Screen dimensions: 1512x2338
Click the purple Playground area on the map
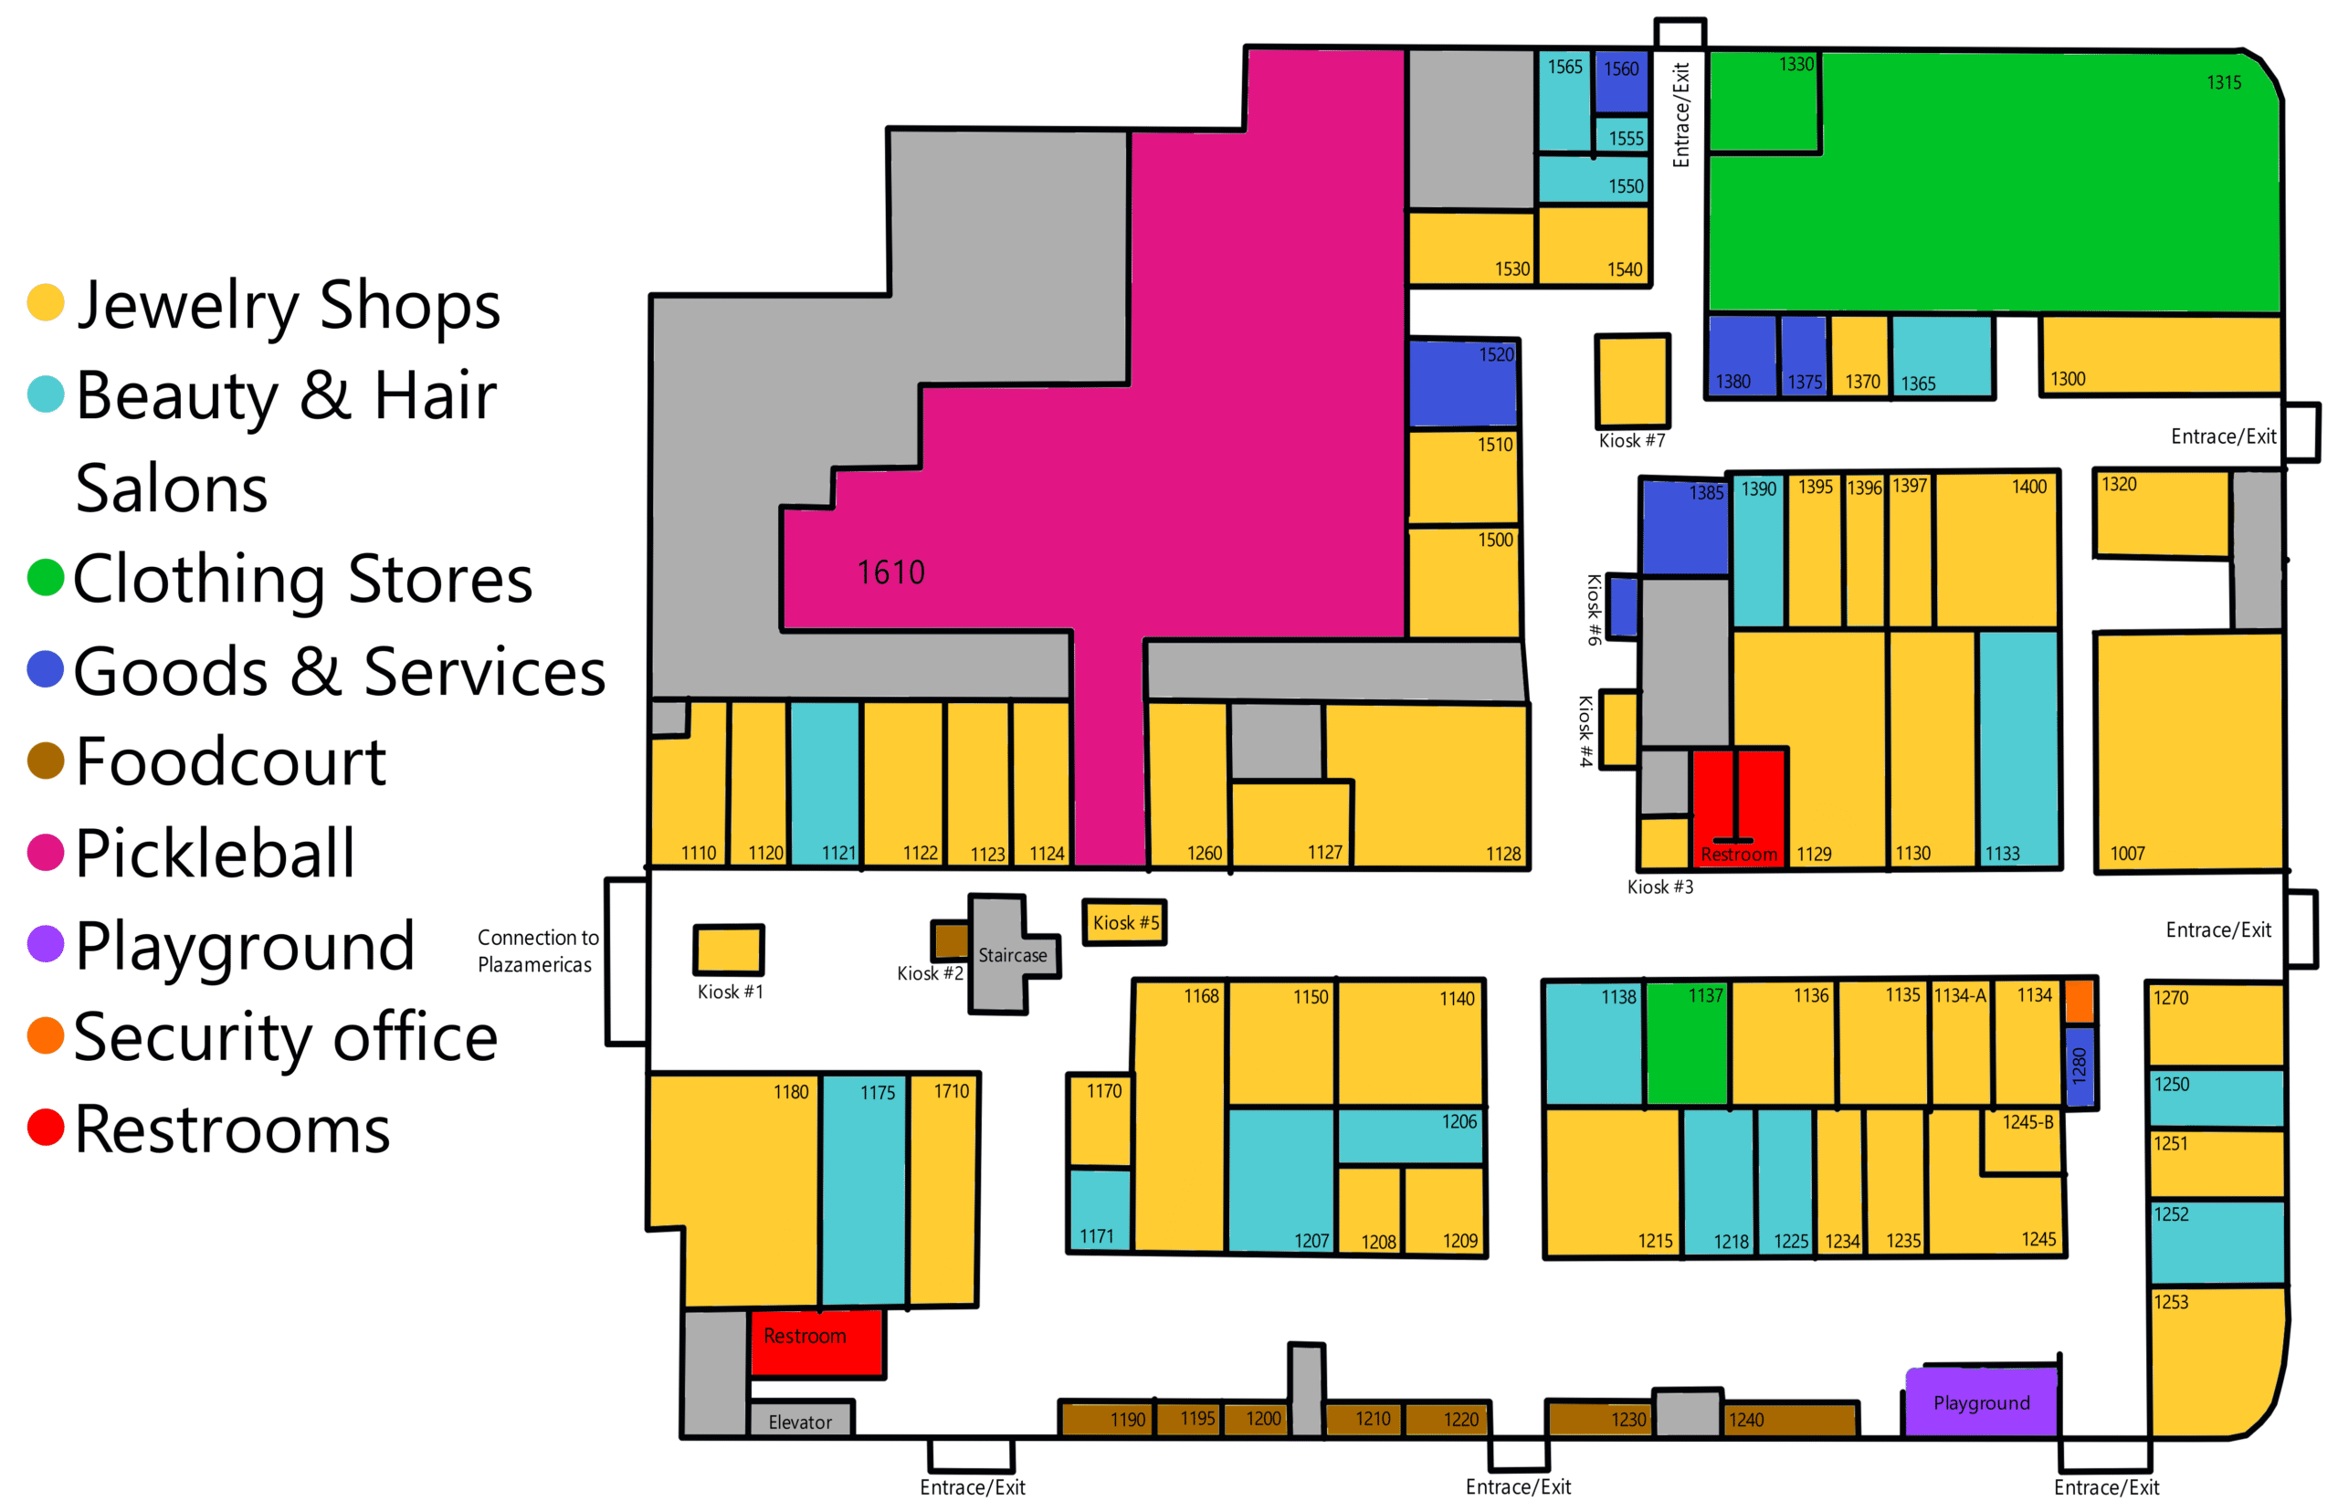click(x=1981, y=1402)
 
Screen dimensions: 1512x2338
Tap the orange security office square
click(x=2079, y=1003)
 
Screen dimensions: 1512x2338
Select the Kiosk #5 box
click(x=1124, y=923)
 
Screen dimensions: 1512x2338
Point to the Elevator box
click(x=799, y=1421)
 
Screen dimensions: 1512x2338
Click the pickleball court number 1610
click(x=890, y=572)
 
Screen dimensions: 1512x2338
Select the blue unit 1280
click(x=2079, y=1066)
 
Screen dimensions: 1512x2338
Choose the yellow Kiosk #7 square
click(x=1632, y=381)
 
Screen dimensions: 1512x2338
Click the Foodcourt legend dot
click(x=45, y=761)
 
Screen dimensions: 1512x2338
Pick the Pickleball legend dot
click(x=45, y=852)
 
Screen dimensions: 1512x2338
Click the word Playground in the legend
click(x=245, y=946)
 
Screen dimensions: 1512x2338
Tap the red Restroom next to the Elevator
click(x=815, y=1342)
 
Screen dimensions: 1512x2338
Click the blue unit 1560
click(x=1620, y=80)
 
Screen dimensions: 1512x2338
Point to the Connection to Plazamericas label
click(x=536, y=950)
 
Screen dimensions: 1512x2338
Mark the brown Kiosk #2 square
click(x=950, y=940)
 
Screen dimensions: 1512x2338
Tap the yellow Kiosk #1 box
click(x=728, y=950)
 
